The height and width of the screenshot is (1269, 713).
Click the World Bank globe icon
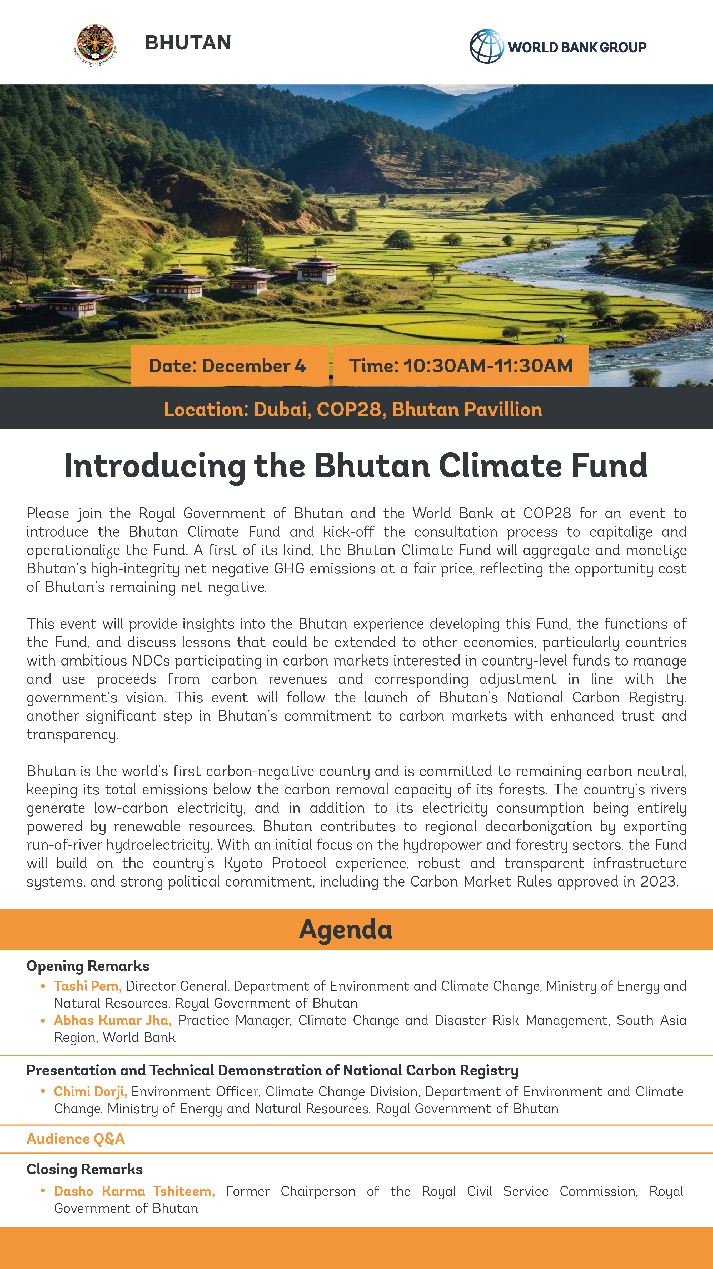click(x=486, y=46)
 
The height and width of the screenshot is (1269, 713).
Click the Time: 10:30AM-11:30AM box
click(x=461, y=366)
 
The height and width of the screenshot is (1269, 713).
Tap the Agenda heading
click(x=345, y=929)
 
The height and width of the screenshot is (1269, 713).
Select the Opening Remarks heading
click(x=88, y=965)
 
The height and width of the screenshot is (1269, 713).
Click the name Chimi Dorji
click(x=90, y=1091)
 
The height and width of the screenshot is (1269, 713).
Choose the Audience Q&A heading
click(x=75, y=1139)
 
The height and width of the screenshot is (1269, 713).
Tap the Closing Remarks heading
click(x=84, y=1169)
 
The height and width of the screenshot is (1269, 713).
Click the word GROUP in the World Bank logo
click(x=623, y=47)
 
